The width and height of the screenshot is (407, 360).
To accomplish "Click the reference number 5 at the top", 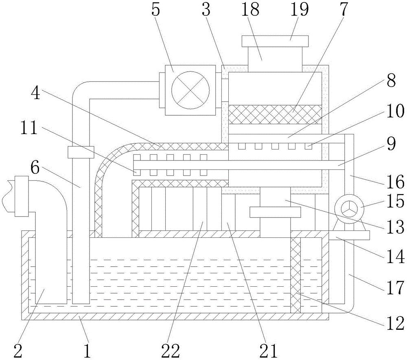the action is pos(155,9).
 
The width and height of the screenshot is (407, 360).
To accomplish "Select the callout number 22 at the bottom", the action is pos(170,351).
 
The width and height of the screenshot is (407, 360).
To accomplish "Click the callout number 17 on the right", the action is pos(396,288).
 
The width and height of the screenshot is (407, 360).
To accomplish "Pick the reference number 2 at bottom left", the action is pos(18,351).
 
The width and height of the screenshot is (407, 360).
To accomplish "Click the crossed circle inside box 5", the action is pos(190,90).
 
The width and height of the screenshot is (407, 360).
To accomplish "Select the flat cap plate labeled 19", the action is pos(275,41).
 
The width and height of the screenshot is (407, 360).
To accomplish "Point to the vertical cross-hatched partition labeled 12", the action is pos(295,275).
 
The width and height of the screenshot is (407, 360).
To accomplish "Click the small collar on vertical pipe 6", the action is pos(81,152).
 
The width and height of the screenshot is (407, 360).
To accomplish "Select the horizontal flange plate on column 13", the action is pos(275,212).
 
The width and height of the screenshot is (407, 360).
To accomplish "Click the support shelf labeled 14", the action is pos(349,235).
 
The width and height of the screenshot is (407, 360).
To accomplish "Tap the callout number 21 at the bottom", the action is pos(268,351).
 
